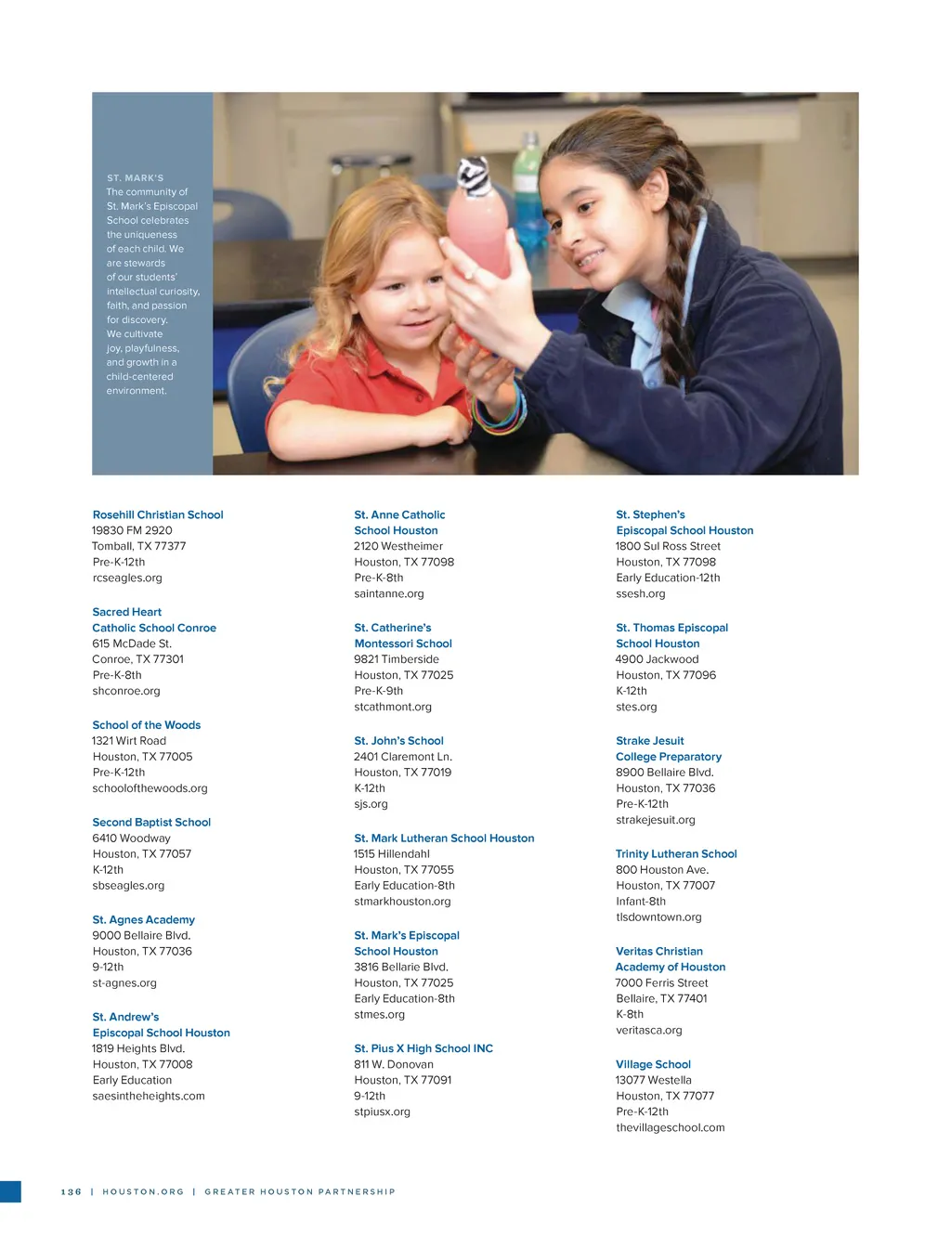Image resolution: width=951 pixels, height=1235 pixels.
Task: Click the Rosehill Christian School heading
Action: click(x=158, y=514)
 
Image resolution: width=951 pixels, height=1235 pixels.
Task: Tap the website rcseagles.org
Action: click(x=127, y=578)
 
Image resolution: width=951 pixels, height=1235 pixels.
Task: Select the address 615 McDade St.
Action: click(x=132, y=643)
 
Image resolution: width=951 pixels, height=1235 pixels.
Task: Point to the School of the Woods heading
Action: click(x=147, y=725)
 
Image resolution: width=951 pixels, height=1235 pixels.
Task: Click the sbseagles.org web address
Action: click(x=128, y=885)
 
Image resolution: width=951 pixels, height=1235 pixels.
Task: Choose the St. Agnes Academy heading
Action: click(x=144, y=919)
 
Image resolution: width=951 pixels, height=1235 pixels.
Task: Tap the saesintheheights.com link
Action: click(x=149, y=1096)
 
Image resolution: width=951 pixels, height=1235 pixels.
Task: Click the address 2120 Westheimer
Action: click(x=398, y=546)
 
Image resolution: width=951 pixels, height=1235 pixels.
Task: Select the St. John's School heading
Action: click(x=399, y=741)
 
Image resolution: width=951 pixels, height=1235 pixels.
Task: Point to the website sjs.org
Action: click(x=371, y=804)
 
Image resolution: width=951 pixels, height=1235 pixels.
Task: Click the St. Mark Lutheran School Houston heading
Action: click(x=444, y=838)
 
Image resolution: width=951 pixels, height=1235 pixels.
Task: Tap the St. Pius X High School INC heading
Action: click(x=423, y=1048)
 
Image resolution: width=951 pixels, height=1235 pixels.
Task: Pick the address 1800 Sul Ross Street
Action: click(x=668, y=546)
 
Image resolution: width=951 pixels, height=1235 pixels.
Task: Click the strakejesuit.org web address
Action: click(x=656, y=820)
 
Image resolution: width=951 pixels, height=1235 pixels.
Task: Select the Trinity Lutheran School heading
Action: click(x=676, y=853)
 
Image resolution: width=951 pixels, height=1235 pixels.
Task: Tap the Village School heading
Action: click(x=654, y=1064)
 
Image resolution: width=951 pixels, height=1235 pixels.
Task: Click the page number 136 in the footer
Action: click(x=72, y=1191)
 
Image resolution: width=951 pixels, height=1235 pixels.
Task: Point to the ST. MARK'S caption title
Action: click(x=136, y=177)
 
